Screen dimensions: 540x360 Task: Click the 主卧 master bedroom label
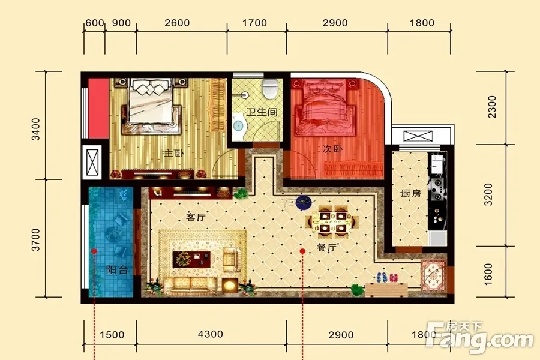174,153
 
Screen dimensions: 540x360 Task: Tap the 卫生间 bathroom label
262,112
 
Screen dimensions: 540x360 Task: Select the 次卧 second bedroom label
332,149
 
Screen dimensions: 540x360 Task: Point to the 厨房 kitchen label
411,193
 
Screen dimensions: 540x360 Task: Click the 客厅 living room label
196,217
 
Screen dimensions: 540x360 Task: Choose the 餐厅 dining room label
326,247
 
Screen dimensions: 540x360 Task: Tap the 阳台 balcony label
117,270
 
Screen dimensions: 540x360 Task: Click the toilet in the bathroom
270,88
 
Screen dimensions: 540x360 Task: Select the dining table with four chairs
332,222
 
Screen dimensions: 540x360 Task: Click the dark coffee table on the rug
191,259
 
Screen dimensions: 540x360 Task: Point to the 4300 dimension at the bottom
211,334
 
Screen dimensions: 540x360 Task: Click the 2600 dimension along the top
177,23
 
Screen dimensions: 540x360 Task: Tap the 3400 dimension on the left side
36,129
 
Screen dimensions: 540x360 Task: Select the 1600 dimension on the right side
488,274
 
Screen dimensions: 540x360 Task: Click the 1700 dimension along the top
254,23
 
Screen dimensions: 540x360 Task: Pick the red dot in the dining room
302,251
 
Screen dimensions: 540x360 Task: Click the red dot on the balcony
94,251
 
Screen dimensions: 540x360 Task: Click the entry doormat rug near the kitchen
433,276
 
